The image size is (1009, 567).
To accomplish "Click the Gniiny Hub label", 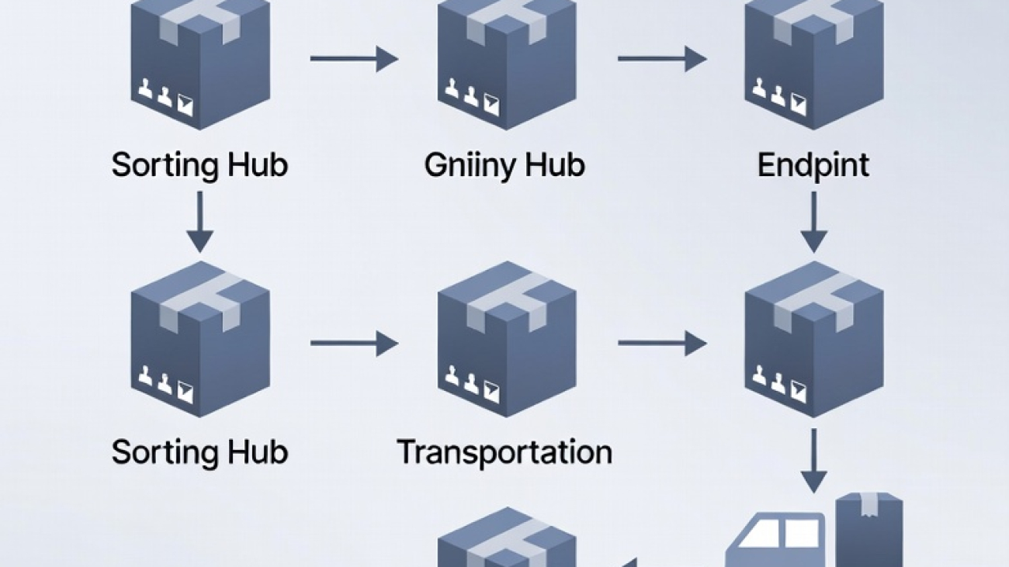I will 504,165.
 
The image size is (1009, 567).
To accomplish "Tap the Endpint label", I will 813,165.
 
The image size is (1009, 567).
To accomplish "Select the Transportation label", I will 504,451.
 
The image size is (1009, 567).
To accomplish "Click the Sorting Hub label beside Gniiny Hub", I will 199,165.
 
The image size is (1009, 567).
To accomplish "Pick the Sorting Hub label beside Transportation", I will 199,451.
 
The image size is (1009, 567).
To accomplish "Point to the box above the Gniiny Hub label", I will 507,62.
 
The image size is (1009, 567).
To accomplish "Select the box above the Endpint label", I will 813,62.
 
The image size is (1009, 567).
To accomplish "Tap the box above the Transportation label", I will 507,341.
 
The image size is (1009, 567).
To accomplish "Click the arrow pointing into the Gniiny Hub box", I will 354,58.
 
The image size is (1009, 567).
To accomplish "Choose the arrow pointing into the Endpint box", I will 662,58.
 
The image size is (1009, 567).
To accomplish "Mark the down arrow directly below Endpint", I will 813,221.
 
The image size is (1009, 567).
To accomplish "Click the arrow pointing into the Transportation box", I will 354,343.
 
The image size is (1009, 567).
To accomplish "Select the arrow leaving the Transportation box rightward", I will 662,343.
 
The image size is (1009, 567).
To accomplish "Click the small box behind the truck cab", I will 869,527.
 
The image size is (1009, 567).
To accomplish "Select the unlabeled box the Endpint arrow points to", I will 813,341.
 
